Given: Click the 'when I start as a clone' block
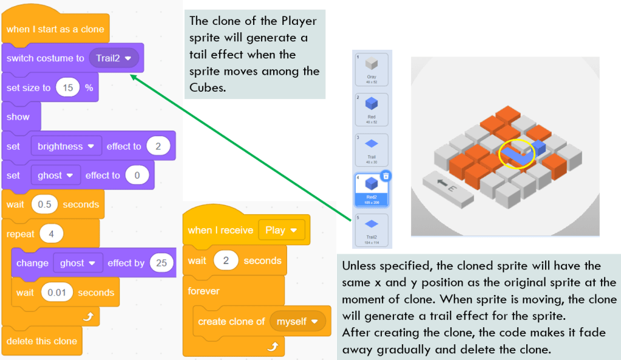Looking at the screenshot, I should coord(55,29).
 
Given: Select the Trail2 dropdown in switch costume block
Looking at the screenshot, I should coord(114,58).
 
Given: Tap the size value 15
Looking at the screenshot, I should coord(68,87).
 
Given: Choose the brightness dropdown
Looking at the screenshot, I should coord(66,146).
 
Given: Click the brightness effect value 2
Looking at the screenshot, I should coord(158,146).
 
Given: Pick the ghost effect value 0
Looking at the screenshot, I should coord(137,175).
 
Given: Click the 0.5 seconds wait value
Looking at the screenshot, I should coord(44,205).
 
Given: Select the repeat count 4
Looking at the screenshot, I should coord(52,234).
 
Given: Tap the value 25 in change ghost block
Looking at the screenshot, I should coord(161,263).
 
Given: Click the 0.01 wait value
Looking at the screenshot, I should coord(56,292).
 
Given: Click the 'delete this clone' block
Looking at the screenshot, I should coord(41,341).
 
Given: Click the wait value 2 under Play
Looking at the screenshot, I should coord(226,260).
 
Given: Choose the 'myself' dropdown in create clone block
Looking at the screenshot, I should coord(297,321).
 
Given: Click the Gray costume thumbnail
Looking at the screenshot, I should coord(372,68).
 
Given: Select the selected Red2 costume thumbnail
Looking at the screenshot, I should coord(372,189).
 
